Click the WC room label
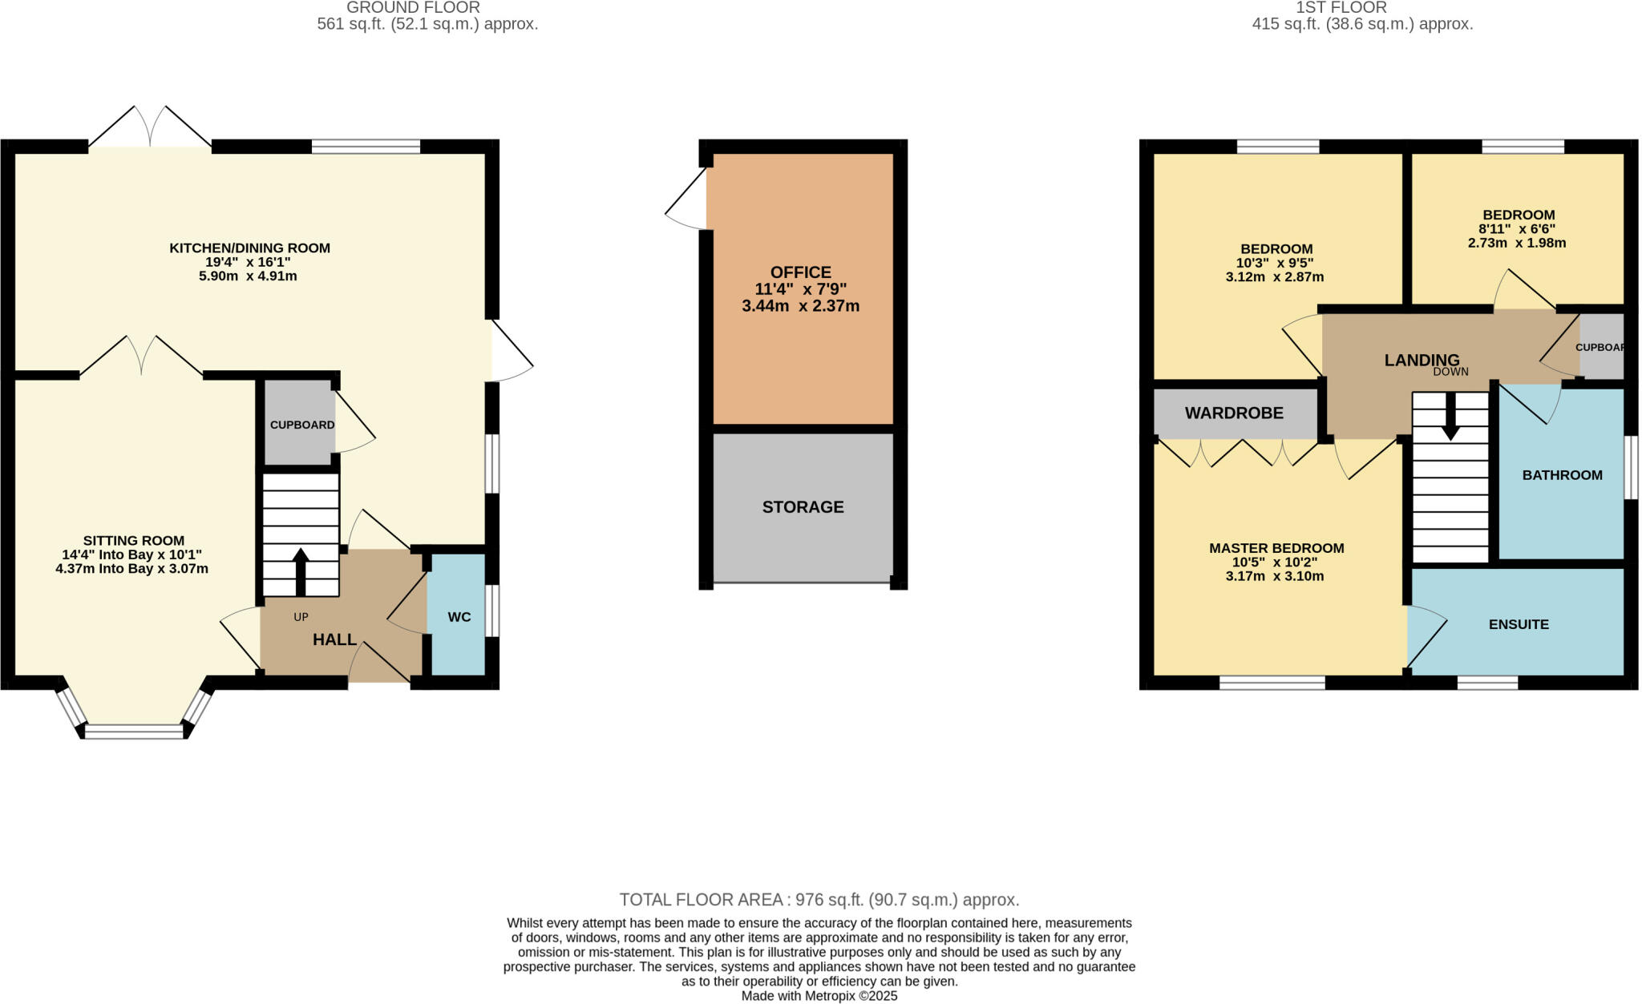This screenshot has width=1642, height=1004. coord(459,617)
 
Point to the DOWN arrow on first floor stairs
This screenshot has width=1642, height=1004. coord(1450,418)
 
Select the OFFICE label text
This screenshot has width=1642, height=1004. coord(800,272)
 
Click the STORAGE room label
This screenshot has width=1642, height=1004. coord(803,507)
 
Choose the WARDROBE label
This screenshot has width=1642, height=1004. coord(1234,413)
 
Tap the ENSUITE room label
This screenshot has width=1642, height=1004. coord(1519,624)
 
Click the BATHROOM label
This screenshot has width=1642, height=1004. coord(1562,475)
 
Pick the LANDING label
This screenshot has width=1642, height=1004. coord(1422,361)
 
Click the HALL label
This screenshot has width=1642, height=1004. coord(334,639)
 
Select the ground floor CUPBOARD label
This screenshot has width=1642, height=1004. coord(302,425)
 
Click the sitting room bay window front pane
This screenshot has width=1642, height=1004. coord(134,731)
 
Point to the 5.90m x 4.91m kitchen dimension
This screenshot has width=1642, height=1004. coord(248,276)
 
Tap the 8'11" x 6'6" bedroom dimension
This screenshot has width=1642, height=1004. coord(1517,229)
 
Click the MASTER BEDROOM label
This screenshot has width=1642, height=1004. coord(1276,548)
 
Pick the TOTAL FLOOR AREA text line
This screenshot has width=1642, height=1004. coord(819,900)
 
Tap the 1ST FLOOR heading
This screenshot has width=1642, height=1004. coord(1363,8)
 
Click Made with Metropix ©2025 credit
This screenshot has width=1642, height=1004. coord(819,996)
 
